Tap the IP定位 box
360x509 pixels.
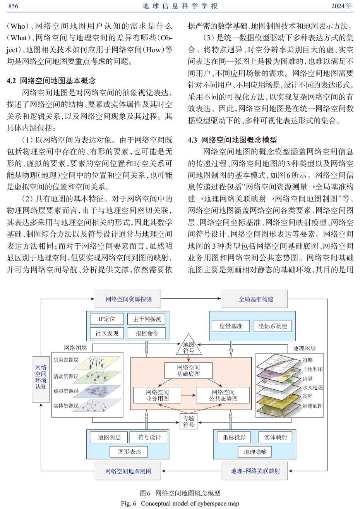[x=106, y=319]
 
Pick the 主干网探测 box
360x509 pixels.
[x=147, y=319]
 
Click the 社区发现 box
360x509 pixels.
[x=106, y=333]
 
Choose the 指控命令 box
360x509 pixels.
[x=147, y=333]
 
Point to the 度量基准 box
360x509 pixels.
[x=231, y=326]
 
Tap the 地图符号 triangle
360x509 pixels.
[x=189, y=346]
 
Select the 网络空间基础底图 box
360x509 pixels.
[x=189, y=371]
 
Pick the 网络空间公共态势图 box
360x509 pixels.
[x=223, y=395]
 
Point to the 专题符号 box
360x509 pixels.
[x=189, y=421]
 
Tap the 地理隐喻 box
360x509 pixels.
[x=255, y=452]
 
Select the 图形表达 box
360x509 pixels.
[x=130, y=452]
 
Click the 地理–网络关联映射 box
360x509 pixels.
[x=255, y=471]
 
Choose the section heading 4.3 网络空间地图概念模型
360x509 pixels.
[x=232, y=140]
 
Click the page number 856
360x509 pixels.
[x=13, y=6]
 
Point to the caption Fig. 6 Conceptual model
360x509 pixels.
[x=180, y=504]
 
